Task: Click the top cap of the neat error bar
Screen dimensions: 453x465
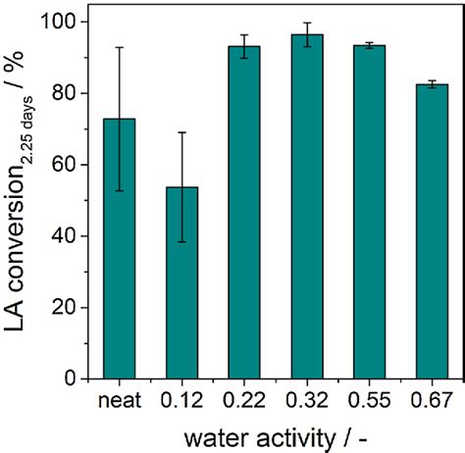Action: [x=120, y=47]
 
